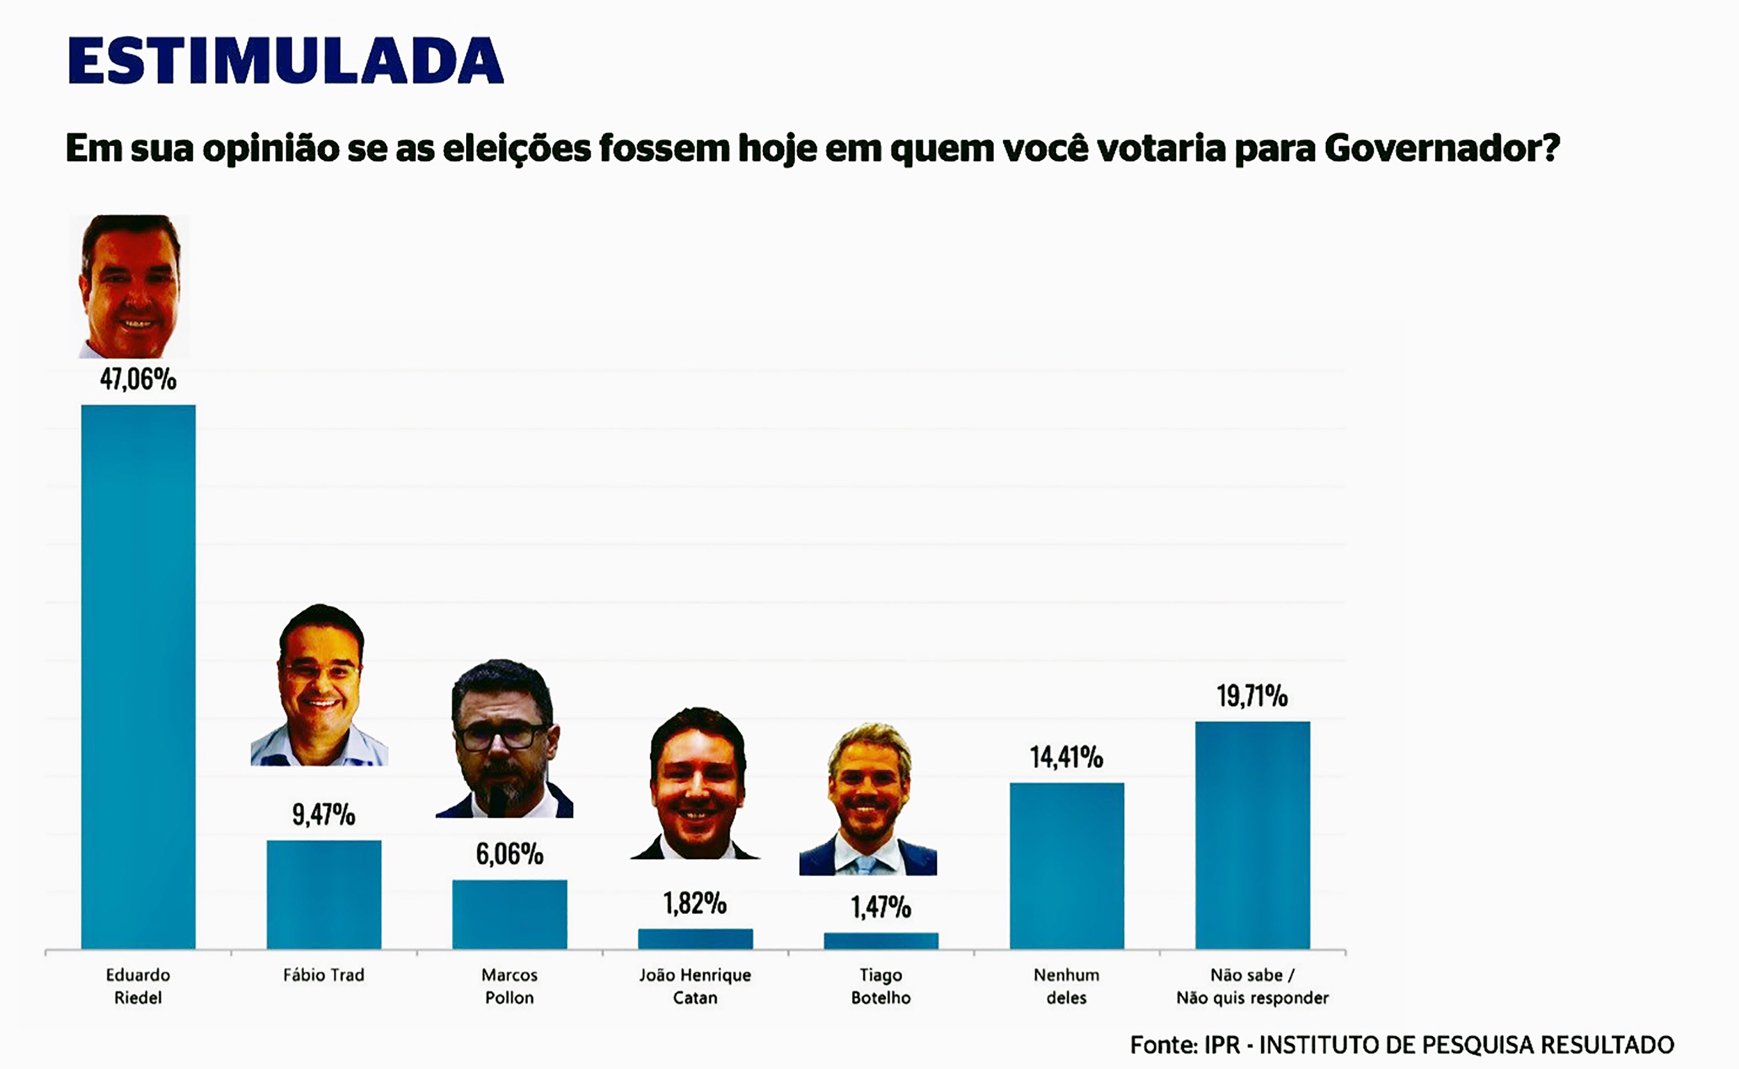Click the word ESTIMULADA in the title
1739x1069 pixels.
(x=286, y=61)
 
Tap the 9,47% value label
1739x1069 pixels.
(x=323, y=814)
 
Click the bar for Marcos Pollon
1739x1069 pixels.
(x=510, y=913)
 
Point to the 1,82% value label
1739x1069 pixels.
(x=695, y=903)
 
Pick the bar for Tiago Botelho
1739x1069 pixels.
(x=881, y=941)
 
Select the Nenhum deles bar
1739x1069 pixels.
(x=1067, y=865)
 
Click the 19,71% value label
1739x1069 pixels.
(x=1252, y=696)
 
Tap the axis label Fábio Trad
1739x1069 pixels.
(x=323, y=975)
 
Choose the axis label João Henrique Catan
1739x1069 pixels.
(x=695, y=986)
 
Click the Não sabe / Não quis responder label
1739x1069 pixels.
(x=1252, y=986)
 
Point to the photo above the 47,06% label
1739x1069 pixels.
(x=131, y=287)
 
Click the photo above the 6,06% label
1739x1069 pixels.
(x=504, y=739)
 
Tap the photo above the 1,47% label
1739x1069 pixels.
(x=869, y=799)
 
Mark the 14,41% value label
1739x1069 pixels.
(x=1067, y=757)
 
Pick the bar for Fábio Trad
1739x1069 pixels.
(x=323, y=894)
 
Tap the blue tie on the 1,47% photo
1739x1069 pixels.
(x=866, y=865)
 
